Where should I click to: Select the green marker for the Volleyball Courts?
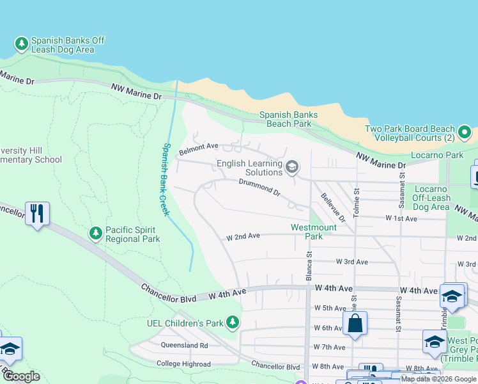(465, 133)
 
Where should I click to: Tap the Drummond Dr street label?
(259, 187)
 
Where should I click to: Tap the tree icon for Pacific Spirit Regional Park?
(96, 233)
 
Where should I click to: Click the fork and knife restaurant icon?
(37, 213)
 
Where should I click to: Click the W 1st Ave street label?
(402, 218)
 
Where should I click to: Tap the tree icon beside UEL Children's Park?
(235, 323)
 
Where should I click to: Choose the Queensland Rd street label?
(185, 345)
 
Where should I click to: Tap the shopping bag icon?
(356, 323)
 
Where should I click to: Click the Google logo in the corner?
(22, 376)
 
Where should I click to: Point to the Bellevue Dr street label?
(332, 207)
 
